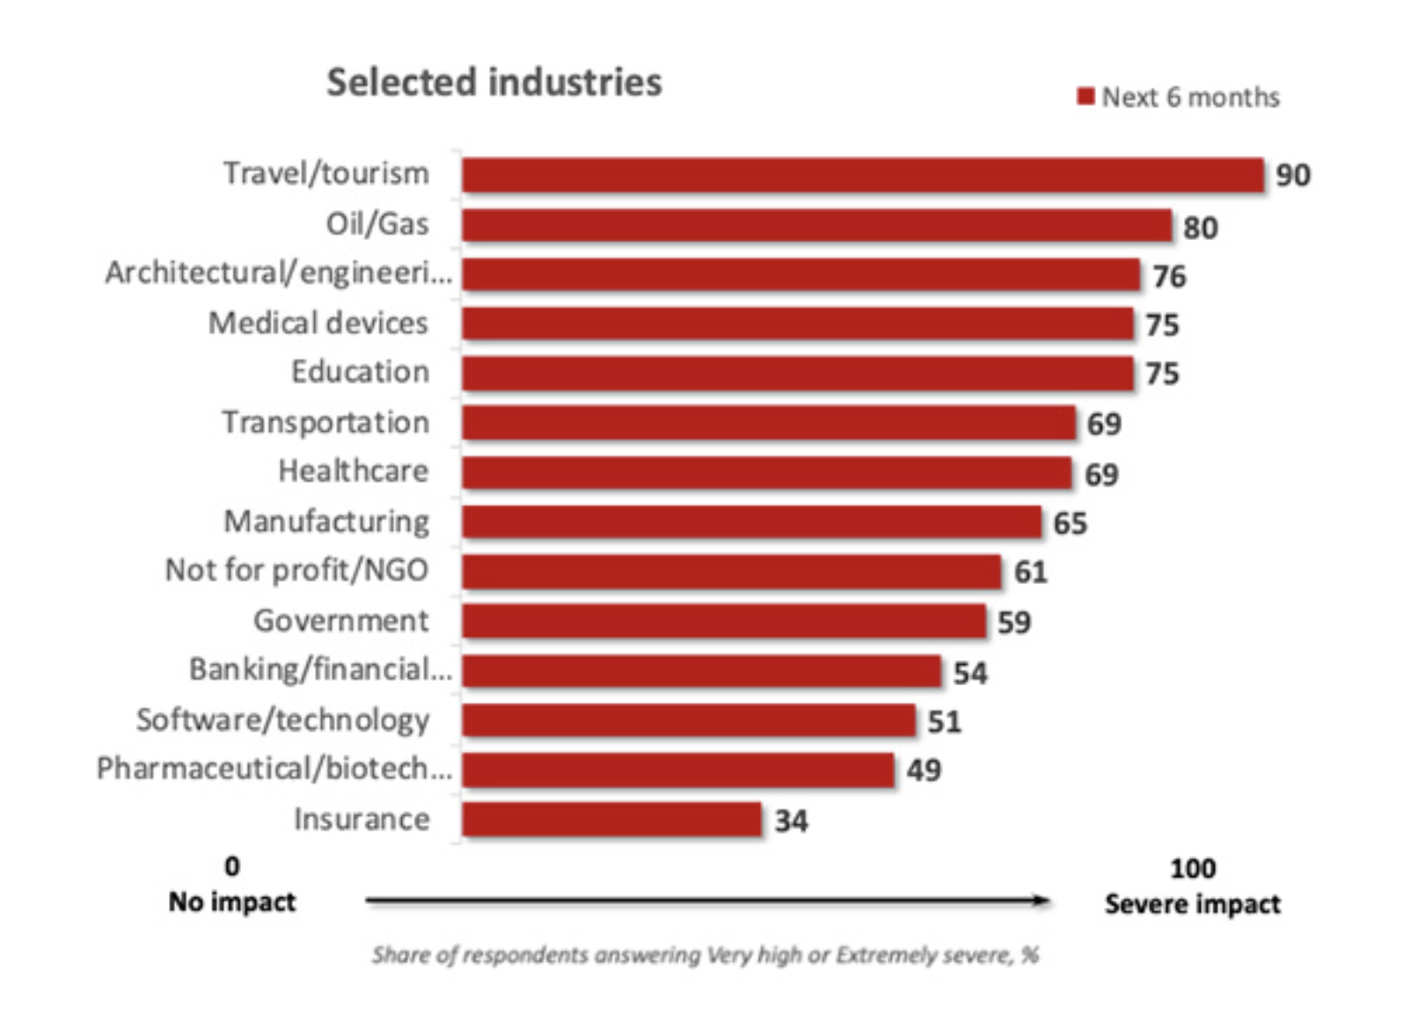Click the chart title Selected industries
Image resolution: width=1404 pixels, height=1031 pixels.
tap(494, 83)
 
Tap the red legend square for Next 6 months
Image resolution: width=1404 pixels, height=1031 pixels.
tap(1086, 96)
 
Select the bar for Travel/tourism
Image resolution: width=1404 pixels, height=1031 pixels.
tap(862, 175)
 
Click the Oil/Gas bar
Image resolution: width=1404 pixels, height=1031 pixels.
tap(816, 225)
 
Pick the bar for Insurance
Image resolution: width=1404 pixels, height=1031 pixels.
tap(611, 819)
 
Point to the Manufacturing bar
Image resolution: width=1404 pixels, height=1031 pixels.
tap(751, 522)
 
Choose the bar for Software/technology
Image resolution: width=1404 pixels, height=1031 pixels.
tap(688, 720)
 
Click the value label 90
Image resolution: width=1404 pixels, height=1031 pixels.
tap(1292, 175)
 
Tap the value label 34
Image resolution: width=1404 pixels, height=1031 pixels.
tap(791, 821)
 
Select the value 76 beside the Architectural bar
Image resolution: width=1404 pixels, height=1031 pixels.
tap(1169, 276)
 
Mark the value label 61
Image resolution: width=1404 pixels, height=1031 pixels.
tap(1030, 572)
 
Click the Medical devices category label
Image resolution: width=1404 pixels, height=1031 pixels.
tap(318, 323)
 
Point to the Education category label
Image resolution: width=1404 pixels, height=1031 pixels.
tap(360, 372)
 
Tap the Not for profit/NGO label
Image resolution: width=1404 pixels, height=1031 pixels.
tap(296, 570)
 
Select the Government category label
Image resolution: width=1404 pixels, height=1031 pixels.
tap(341, 620)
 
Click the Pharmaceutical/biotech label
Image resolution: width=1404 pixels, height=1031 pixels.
tap(274, 769)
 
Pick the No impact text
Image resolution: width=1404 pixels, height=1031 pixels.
tap(232, 902)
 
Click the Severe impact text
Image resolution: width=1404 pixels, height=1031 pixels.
tap(1192, 903)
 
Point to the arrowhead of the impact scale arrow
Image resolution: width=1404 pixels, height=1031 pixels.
tap(1042, 900)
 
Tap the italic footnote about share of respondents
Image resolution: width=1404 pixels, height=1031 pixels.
tap(705, 954)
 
